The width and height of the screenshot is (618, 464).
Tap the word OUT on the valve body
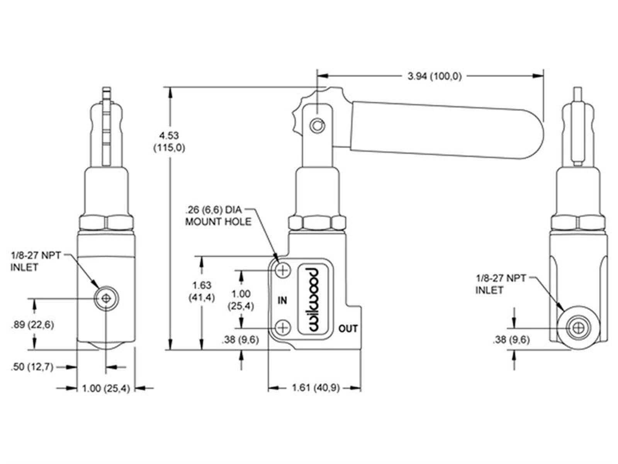point(348,329)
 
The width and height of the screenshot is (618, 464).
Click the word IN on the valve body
point(282,300)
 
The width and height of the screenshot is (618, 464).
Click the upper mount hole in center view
point(283,270)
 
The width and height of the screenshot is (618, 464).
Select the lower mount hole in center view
point(283,328)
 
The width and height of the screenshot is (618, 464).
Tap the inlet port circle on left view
point(106,299)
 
